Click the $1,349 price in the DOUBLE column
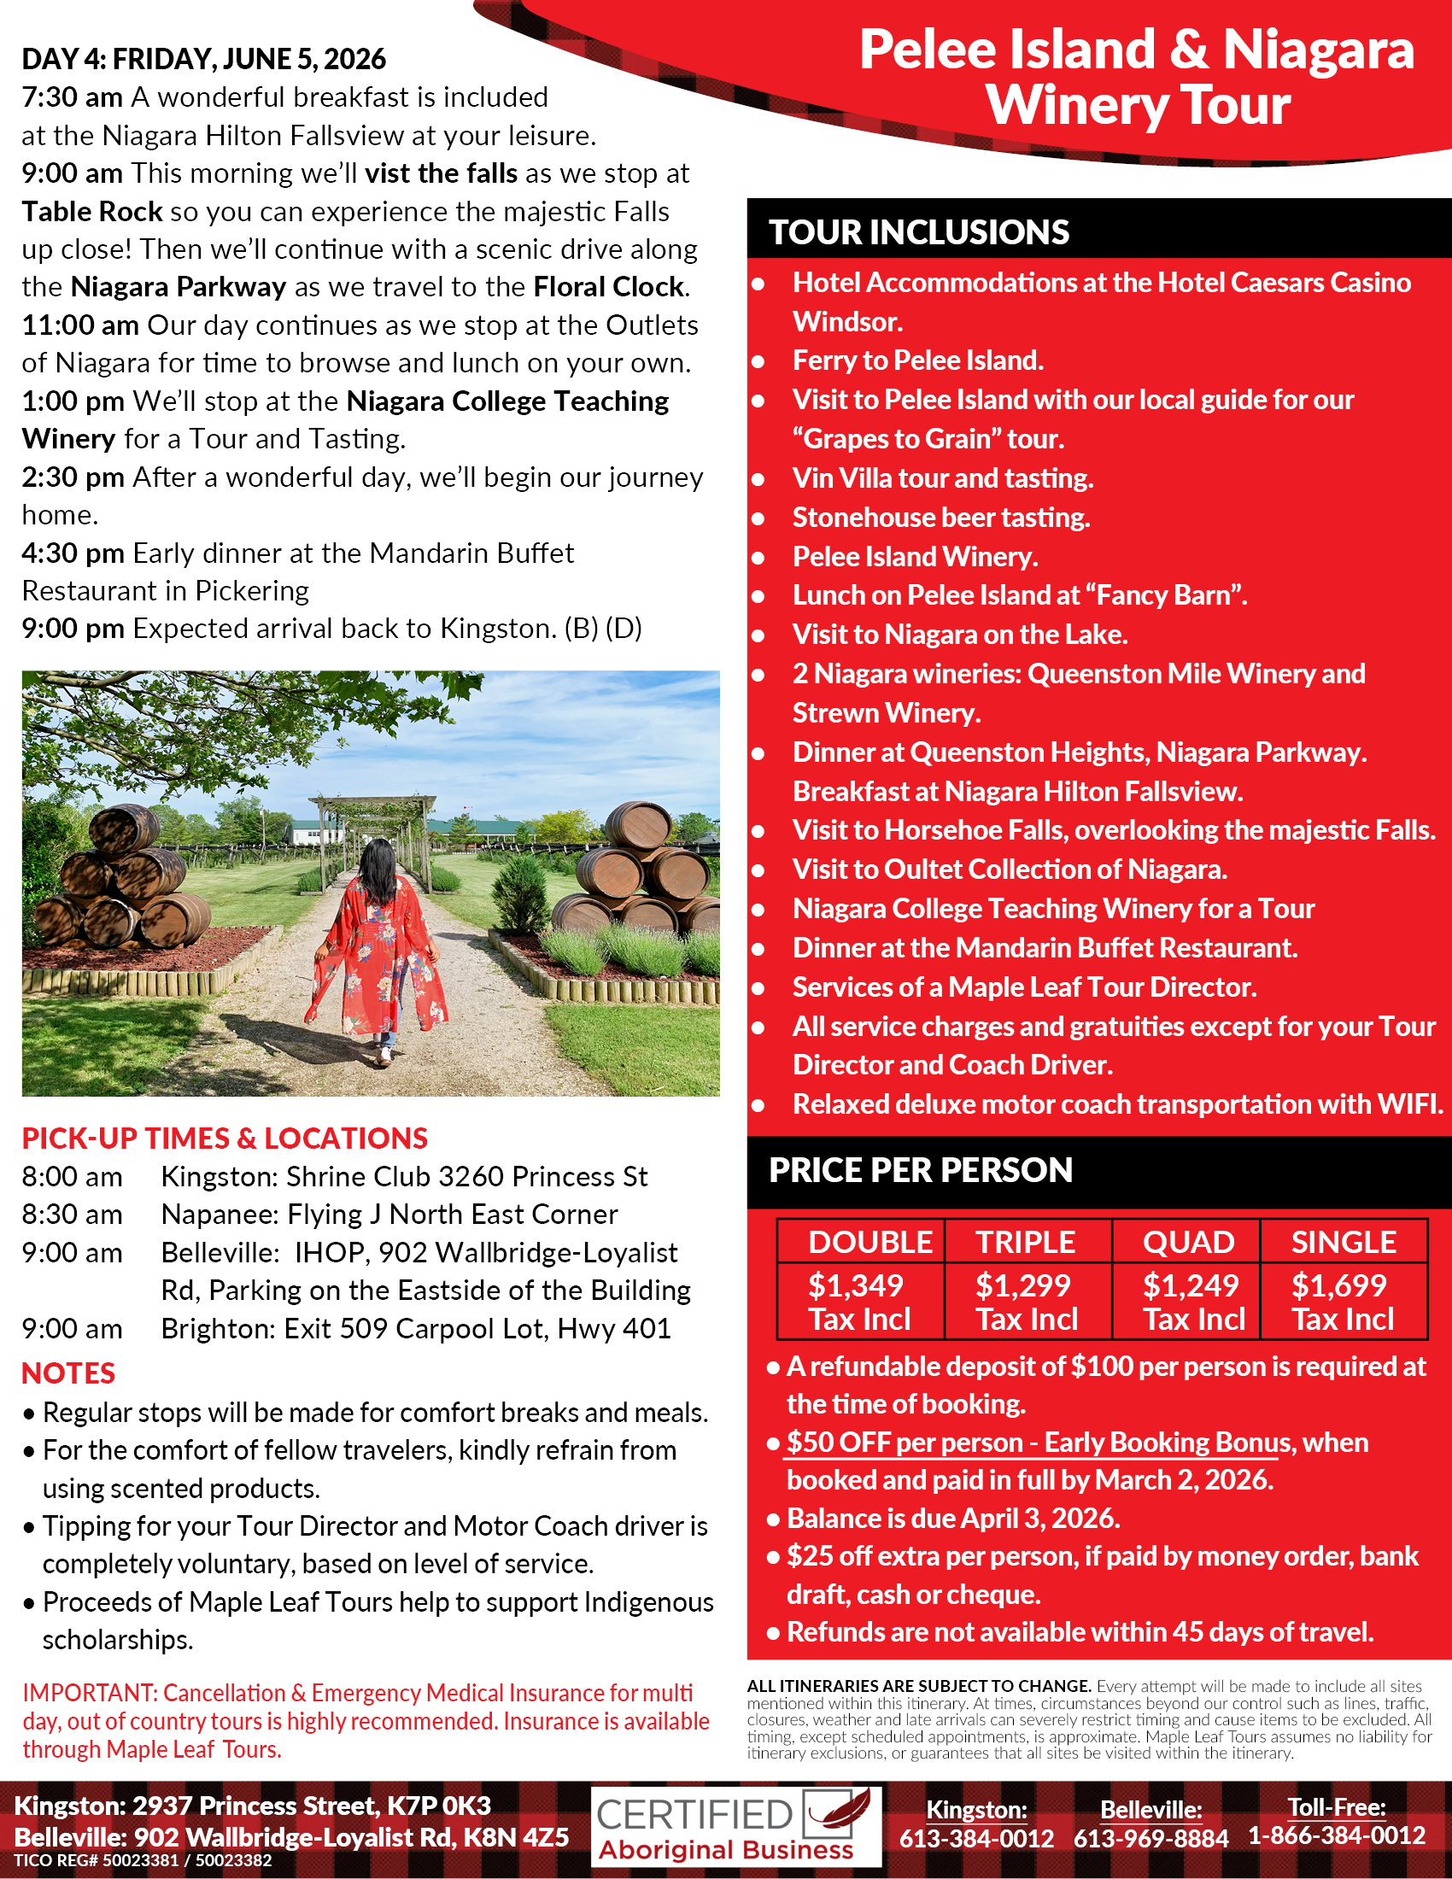click(x=855, y=1285)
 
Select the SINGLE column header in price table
click(x=1343, y=1242)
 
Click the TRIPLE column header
click(x=1024, y=1242)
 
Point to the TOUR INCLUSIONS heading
click(x=918, y=232)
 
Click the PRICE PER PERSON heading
click(x=920, y=1170)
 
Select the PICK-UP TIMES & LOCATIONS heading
click(x=225, y=1139)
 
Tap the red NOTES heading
click(x=68, y=1373)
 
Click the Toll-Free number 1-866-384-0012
click(x=1336, y=1835)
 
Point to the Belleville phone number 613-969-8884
click(x=1150, y=1839)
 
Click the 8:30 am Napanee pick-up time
click(x=73, y=1214)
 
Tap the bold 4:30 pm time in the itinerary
click(x=73, y=553)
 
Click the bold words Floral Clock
click(x=608, y=286)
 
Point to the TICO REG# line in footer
click(x=143, y=1860)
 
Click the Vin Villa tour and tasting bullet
click(x=942, y=478)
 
